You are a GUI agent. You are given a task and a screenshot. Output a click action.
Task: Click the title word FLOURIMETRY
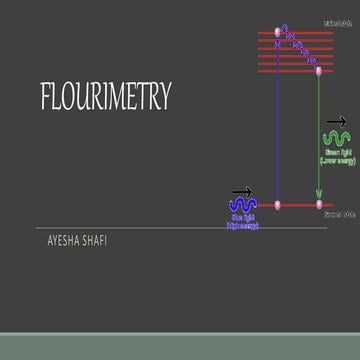pyautogui.click(x=105, y=97)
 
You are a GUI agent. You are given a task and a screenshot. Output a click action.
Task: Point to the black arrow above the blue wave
pyautogui.click(x=243, y=190)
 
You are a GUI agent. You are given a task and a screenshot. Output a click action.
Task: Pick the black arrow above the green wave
pyautogui.click(x=337, y=122)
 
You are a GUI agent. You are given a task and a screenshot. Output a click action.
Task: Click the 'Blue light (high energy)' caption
pyautogui.click(x=243, y=222)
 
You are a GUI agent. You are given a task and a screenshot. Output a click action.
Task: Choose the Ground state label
pyautogui.click(x=341, y=215)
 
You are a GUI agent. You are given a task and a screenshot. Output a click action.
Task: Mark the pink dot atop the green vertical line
pyautogui.click(x=319, y=71)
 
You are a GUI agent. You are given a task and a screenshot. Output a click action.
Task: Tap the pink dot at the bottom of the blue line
pyautogui.click(x=278, y=205)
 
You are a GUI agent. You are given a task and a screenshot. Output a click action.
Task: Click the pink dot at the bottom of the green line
pyautogui.click(x=319, y=205)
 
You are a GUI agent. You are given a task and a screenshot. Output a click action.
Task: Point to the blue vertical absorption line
pyautogui.click(x=278, y=120)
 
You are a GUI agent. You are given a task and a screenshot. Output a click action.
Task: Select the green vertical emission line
pyautogui.click(x=319, y=140)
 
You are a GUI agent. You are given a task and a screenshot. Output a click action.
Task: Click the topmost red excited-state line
pyautogui.click(x=295, y=33)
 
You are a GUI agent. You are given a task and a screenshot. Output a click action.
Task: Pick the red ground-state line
pyautogui.click(x=298, y=205)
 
